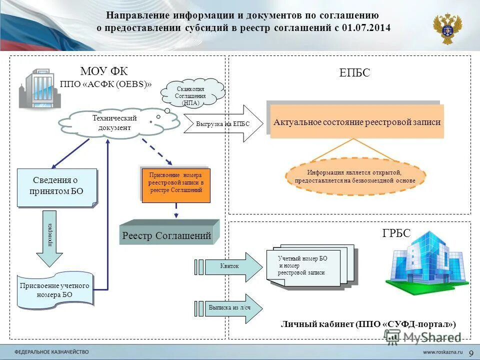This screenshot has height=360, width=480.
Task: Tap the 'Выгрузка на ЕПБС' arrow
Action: click(x=222, y=124)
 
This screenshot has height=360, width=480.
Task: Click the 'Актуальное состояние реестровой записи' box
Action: click(x=356, y=122)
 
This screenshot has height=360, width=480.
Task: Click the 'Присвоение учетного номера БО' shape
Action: click(x=55, y=290)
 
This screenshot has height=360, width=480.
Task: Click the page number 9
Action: click(x=471, y=353)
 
